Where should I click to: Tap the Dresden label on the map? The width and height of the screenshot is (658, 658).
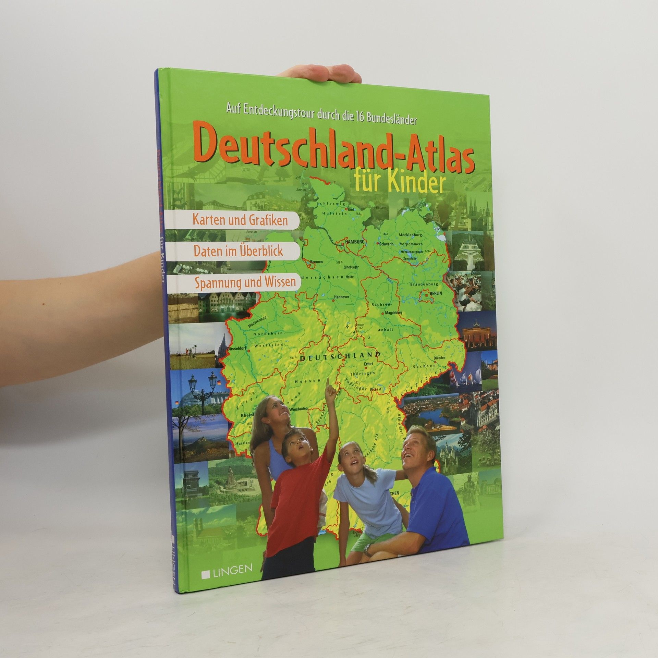pyautogui.click(x=439, y=357)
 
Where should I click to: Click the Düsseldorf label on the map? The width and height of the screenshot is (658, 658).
pyautogui.click(x=236, y=348)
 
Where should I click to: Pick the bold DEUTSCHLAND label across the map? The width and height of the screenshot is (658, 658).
pyautogui.click(x=340, y=356)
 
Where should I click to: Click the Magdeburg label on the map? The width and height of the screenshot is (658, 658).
pyautogui.click(x=393, y=313)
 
